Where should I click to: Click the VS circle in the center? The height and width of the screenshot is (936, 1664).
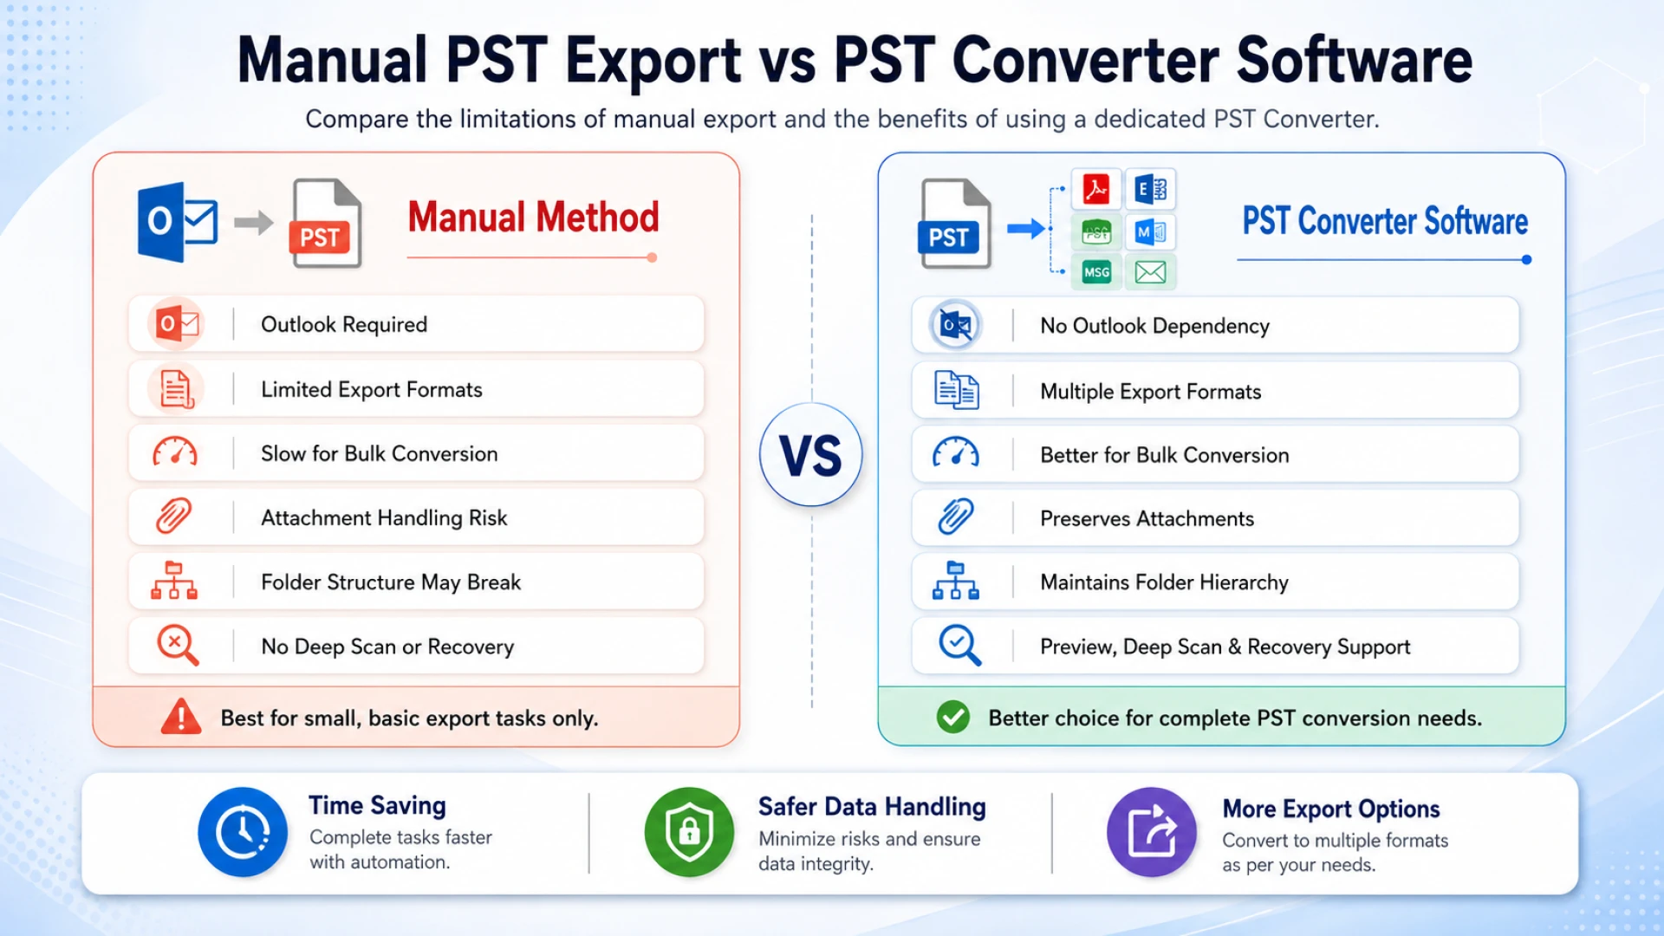(x=811, y=454)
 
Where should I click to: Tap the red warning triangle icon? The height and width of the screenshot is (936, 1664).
(x=181, y=717)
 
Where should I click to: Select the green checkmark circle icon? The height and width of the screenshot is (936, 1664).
(x=953, y=717)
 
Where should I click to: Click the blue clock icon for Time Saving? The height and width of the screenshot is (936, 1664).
(x=243, y=832)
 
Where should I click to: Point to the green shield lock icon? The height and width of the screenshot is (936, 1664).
(x=689, y=832)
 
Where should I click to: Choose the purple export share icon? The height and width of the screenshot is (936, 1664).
(x=1152, y=832)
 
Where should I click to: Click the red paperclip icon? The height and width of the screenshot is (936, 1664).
(x=174, y=517)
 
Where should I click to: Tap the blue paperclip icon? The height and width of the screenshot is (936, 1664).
(x=956, y=517)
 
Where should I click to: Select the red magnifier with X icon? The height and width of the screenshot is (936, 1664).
(x=177, y=646)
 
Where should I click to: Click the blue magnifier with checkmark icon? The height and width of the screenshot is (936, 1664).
(x=959, y=646)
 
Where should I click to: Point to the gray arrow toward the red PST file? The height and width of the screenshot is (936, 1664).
(x=254, y=223)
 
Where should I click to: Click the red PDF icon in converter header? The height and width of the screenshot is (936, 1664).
(x=1096, y=189)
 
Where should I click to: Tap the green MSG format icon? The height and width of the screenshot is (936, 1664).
(x=1096, y=272)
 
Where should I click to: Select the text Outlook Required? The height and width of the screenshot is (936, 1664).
(x=344, y=324)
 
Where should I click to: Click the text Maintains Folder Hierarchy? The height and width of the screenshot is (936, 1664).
(x=1164, y=582)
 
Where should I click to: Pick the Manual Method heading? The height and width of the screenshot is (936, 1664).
(x=533, y=217)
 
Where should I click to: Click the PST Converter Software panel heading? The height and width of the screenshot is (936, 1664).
(x=1385, y=221)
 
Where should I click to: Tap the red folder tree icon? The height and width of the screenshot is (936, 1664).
(x=174, y=581)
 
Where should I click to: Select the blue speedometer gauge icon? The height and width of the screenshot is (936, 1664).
(x=956, y=453)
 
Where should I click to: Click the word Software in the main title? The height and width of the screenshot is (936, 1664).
(x=1354, y=61)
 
